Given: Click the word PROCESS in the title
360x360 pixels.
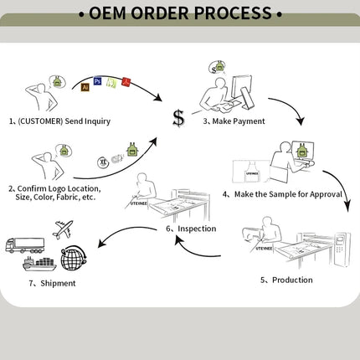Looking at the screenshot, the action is [x=233, y=13].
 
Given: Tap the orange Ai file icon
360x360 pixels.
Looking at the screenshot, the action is [x=85, y=87].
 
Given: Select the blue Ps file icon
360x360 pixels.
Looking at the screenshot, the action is [x=97, y=81].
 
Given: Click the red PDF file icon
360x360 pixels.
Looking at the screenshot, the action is [x=126, y=82].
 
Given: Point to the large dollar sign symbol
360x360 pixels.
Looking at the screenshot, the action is [x=178, y=118].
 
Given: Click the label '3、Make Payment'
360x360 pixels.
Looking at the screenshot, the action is [x=234, y=121].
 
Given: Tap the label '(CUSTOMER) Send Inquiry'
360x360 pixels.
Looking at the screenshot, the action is [x=64, y=121].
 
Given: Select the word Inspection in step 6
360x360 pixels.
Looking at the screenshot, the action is [x=197, y=229].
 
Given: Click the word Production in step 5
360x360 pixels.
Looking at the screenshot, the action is [x=292, y=280].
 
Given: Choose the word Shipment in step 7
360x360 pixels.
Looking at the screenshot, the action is [x=58, y=283].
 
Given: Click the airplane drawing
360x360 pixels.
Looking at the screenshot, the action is [x=63, y=229].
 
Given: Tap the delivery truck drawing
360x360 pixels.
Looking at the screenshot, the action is [x=25, y=245].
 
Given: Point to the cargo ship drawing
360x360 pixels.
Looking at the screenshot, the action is [x=39, y=264].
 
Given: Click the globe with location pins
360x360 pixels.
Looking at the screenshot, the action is [x=74, y=258].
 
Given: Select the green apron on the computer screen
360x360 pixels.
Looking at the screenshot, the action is [x=301, y=151].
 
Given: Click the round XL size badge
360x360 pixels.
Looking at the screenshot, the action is [x=103, y=162].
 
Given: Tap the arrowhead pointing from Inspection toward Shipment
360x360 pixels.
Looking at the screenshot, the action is [x=103, y=243].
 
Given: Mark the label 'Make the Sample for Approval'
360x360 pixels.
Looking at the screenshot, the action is [x=288, y=194].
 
